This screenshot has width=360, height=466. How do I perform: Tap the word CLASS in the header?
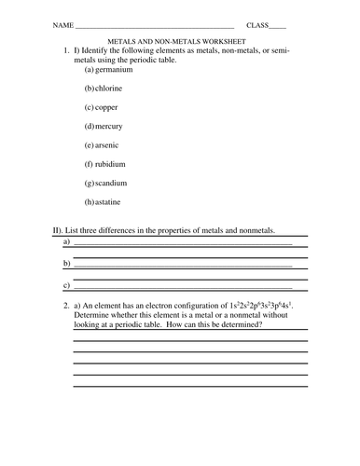[x=258, y=24]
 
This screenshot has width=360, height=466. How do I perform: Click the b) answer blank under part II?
[x=183, y=265]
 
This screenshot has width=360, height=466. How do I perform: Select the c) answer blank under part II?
[x=183, y=286]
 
